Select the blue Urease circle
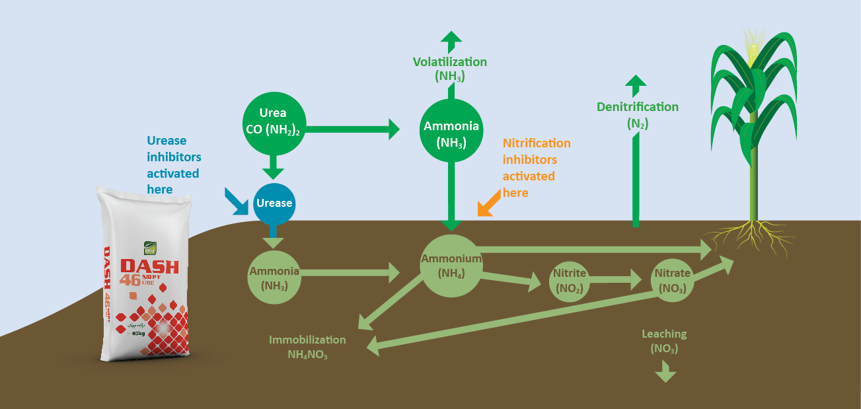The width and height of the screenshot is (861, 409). point(274,204)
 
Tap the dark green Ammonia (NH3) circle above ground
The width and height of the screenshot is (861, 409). point(451,131)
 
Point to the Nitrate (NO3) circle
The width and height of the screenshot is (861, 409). point(671,281)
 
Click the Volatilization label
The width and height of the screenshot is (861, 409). point(450,63)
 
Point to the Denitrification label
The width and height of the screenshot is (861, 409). point(637,107)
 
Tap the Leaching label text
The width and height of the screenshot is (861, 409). point(664,334)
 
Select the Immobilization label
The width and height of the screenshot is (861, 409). point(307,340)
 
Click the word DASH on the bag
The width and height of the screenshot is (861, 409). point(149,266)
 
